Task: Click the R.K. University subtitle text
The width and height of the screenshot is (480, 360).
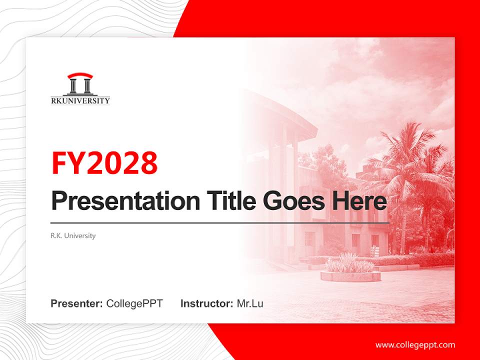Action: pyautogui.click(x=73, y=235)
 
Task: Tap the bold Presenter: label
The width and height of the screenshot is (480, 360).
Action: pyautogui.click(x=76, y=303)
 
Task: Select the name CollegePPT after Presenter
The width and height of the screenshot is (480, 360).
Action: pyautogui.click(x=134, y=303)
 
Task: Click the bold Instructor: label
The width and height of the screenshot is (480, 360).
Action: pyautogui.click(x=206, y=303)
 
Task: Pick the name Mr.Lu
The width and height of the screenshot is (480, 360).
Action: pyautogui.click(x=250, y=303)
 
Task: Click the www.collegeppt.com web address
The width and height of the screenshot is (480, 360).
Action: pyautogui.click(x=415, y=345)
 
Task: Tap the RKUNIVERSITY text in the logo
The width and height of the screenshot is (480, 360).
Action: pyautogui.click(x=80, y=100)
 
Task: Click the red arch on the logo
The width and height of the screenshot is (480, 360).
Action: pyautogui.click(x=80, y=76)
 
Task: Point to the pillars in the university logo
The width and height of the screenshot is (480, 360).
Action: pyautogui.click(x=80, y=86)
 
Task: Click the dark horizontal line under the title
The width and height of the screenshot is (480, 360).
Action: pyautogui.click(x=220, y=222)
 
